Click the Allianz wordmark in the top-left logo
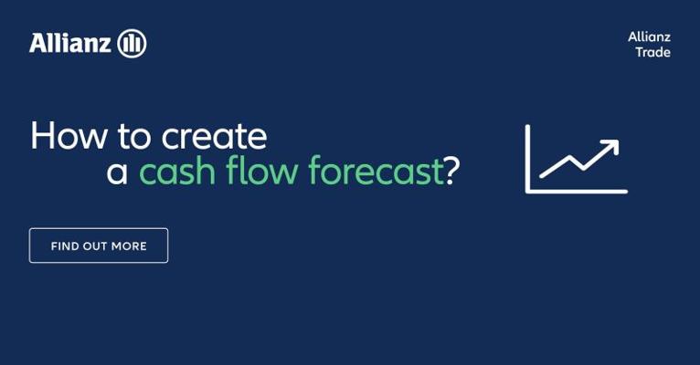click(70, 43)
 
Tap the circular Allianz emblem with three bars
click(132, 43)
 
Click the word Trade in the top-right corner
click(653, 52)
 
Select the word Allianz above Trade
click(650, 36)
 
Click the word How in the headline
click(69, 135)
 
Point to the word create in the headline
click(214, 136)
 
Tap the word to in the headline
click(134, 136)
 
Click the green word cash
click(177, 171)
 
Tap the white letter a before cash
click(117, 173)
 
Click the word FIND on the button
click(65, 246)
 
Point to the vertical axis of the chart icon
click(527, 159)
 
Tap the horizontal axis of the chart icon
click(577, 192)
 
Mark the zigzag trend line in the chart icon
click(579, 159)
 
